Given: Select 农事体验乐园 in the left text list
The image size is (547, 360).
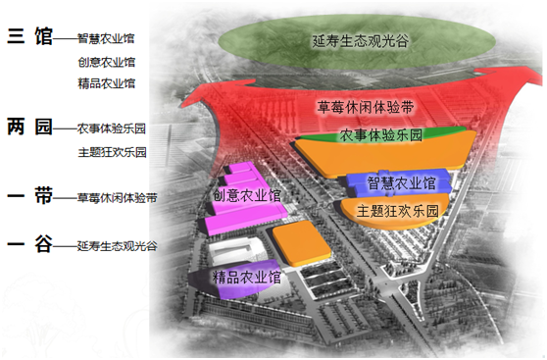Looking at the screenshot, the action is pos(112,129).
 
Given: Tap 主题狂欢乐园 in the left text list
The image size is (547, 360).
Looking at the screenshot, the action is pos(112,152).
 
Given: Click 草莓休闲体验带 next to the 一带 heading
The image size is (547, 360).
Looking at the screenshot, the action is pos(117,197).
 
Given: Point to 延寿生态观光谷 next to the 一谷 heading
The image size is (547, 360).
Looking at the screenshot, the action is pos(117,245).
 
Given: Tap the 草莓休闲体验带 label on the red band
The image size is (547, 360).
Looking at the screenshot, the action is pos(364,106).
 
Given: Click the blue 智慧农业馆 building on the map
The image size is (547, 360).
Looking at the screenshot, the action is pos(401,182).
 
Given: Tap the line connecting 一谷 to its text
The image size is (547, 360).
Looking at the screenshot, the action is pos(64,246).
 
